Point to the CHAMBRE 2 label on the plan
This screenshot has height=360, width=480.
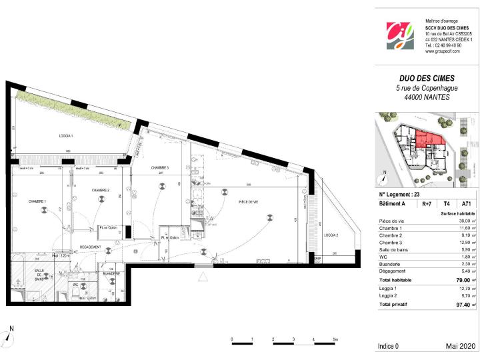pyautogui.click(x=100, y=190)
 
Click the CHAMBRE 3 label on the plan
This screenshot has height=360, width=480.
pyautogui.click(x=159, y=167)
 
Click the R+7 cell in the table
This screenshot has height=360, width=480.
pyautogui.click(x=425, y=204)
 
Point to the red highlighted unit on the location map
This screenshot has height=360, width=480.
pyautogui.click(x=429, y=141)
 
